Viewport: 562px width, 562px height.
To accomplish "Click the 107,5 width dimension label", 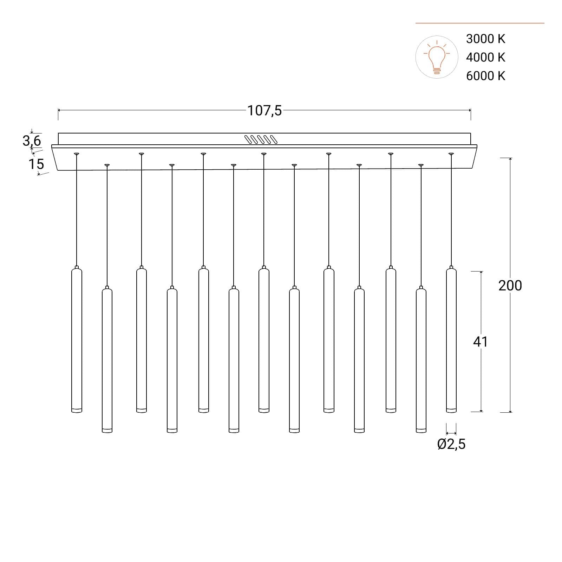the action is [264, 111].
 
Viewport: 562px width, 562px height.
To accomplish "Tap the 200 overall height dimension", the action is [510, 286].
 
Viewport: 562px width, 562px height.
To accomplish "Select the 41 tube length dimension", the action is [481, 341].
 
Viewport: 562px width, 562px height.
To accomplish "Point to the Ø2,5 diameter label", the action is [451, 444].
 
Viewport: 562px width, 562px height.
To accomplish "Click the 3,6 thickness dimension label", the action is [32, 141].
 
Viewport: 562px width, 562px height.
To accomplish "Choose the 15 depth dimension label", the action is [36, 164].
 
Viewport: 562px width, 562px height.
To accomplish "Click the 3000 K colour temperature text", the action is [485, 39].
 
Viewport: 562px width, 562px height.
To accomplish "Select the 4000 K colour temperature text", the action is [485, 57].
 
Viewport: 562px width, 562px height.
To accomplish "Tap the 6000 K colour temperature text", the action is [485, 76].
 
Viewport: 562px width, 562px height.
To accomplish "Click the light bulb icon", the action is [437, 57].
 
